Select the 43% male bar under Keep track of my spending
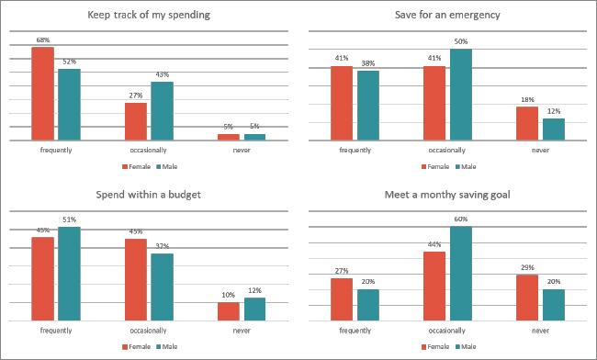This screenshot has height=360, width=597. click(162, 111)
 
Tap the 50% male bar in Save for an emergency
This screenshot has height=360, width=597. click(460, 95)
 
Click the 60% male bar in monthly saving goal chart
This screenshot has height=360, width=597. click(460, 273)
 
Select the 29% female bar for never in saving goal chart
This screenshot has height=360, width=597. click(527, 297)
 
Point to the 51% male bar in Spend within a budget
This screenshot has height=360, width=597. click(69, 273)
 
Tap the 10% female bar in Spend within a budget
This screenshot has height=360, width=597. click(229, 311)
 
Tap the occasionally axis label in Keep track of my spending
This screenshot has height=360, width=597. click(149, 149)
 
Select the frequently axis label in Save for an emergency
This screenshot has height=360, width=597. click(355, 149)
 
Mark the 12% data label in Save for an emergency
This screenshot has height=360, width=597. click(553, 112)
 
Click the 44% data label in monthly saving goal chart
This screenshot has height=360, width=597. click(434, 244)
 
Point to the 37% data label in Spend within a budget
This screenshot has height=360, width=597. click(162, 246)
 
